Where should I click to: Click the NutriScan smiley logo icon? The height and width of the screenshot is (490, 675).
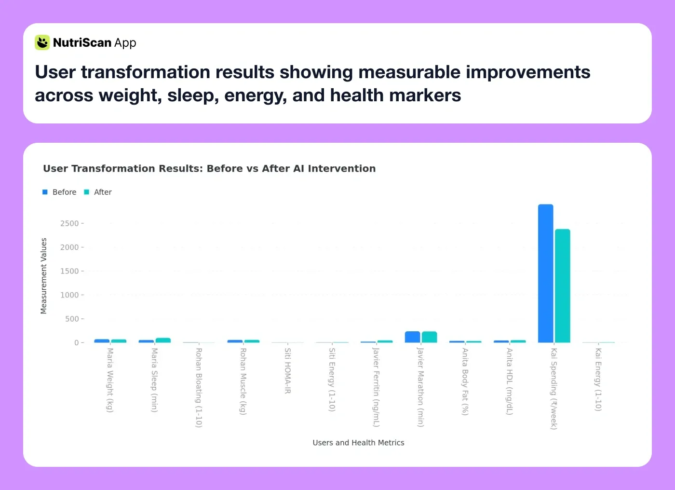click(x=42, y=42)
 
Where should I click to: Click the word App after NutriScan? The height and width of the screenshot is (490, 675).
click(x=125, y=43)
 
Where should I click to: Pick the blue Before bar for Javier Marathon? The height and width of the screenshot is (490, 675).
click(x=412, y=337)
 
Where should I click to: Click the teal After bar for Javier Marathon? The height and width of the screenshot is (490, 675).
click(x=429, y=337)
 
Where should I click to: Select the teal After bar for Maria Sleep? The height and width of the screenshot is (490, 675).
click(x=163, y=340)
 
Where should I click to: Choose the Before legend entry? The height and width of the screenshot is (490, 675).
click(x=59, y=192)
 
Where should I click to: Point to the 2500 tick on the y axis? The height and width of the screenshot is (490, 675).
click(x=69, y=223)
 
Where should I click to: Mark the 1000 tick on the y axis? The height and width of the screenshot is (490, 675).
click(x=69, y=295)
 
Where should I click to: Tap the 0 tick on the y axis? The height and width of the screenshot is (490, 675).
click(x=76, y=343)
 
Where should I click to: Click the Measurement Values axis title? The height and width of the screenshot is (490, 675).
click(x=44, y=276)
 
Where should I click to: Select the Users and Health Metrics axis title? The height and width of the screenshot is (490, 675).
click(x=358, y=443)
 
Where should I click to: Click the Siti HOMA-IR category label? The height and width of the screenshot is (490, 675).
click(x=287, y=371)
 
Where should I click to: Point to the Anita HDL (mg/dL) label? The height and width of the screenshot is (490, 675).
click(x=509, y=381)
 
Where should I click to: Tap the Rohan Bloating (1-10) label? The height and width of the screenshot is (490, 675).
click(x=199, y=388)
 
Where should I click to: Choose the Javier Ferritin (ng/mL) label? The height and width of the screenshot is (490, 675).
click(x=376, y=387)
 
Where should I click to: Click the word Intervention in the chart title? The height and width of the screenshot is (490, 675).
click(x=341, y=169)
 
